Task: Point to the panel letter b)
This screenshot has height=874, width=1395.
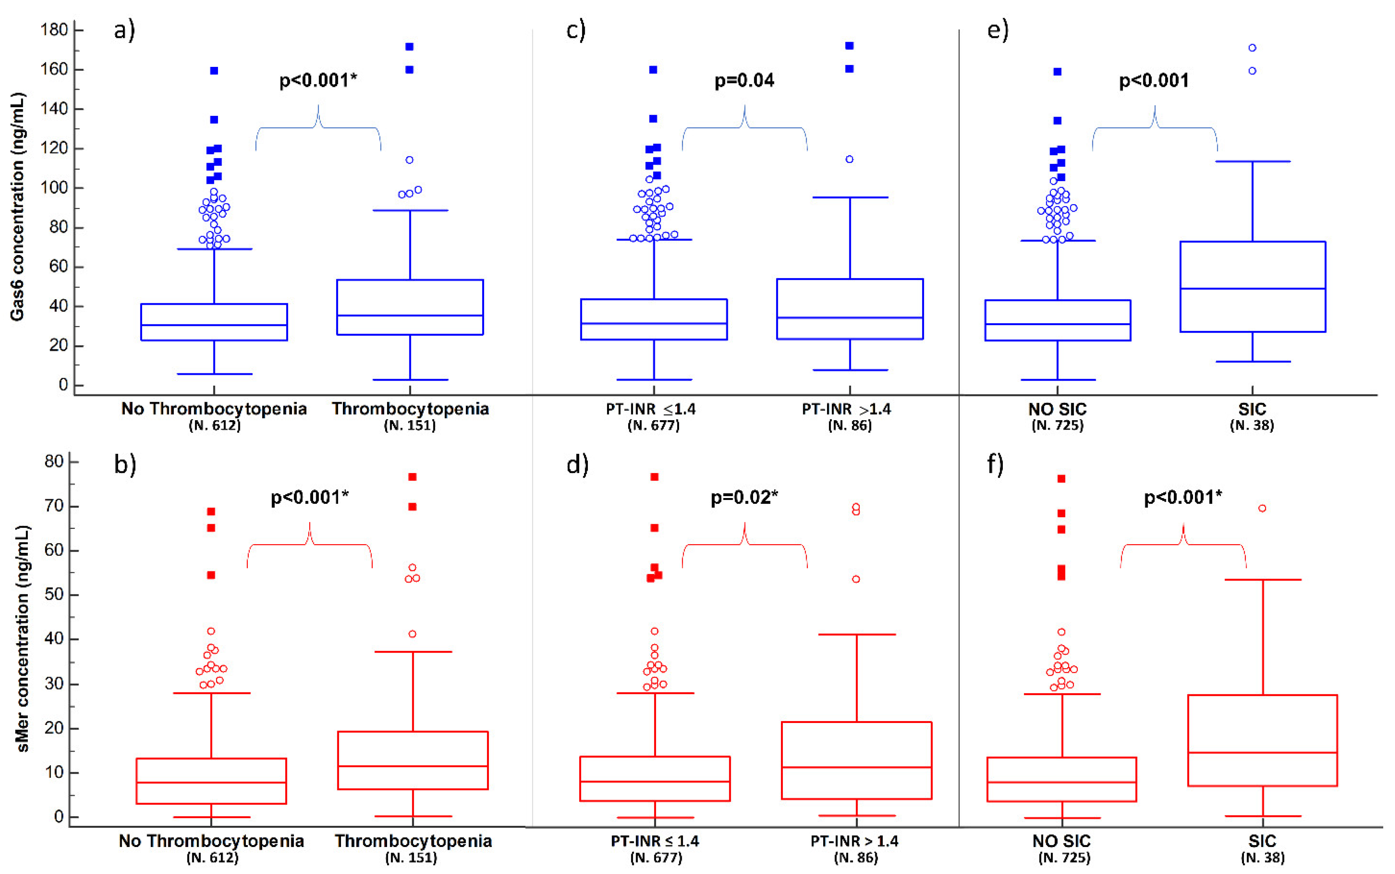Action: (x=125, y=464)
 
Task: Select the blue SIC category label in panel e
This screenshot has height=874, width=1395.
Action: (x=1252, y=409)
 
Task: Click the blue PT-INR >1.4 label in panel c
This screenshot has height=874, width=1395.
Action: (x=846, y=409)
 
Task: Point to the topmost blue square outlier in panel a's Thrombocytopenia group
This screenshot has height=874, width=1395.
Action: (x=409, y=47)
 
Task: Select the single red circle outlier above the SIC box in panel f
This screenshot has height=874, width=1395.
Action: (x=1263, y=509)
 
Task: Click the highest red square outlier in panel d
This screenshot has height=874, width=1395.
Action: (x=655, y=477)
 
